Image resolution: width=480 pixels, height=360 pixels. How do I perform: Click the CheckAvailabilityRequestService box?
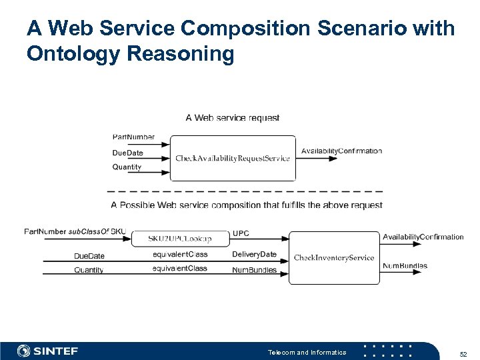point(233,158)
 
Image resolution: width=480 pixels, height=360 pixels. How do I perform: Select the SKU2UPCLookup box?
point(180,238)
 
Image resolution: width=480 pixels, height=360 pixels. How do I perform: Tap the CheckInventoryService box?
point(334,257)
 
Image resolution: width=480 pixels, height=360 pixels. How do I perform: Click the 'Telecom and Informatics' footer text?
point(307,352)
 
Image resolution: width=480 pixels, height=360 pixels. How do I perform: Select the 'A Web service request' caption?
point(232,118)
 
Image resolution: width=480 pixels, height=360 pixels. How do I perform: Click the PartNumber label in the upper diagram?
point(133,137)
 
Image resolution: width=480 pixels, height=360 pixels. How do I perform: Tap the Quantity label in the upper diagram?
point(127,167)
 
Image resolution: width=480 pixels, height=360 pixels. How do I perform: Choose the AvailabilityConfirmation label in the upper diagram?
point(341,151)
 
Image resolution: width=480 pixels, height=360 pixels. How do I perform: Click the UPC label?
point(241,233)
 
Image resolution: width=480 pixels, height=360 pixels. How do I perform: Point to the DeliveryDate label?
point(254,254)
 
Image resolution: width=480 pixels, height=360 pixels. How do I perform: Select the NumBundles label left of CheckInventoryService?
point(254,269)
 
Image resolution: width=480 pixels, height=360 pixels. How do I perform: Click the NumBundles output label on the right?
point(405,266)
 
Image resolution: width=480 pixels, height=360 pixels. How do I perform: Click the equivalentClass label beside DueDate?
point(179,254)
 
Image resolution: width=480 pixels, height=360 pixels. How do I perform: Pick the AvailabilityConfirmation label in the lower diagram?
point(423,237)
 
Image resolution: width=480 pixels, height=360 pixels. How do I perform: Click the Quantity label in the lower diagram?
point(89,270)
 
